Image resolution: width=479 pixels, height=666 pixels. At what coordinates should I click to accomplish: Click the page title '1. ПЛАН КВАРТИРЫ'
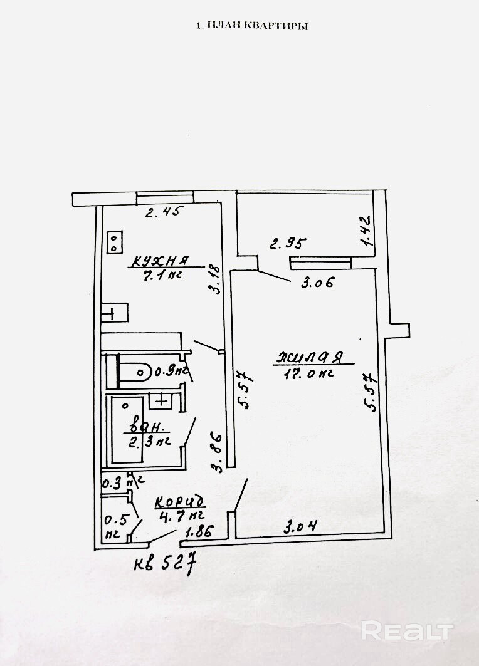click(x=253, y=26)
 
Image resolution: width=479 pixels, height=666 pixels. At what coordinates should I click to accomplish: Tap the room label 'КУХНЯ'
click(x=159, y=259)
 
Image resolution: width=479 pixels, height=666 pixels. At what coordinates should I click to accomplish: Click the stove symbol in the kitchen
click(x=115, y=242)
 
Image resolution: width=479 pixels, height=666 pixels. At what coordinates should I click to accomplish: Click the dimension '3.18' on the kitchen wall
click(x=214, y=279)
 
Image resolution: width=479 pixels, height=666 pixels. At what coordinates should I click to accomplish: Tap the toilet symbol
click(x=134, y=371)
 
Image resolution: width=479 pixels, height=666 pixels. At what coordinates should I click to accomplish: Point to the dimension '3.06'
click(x=316, y=283)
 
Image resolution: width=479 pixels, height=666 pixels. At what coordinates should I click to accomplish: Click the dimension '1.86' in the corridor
click(x=198, y=532)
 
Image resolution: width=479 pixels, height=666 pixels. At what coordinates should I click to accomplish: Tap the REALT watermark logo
click(x=407, y=629)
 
